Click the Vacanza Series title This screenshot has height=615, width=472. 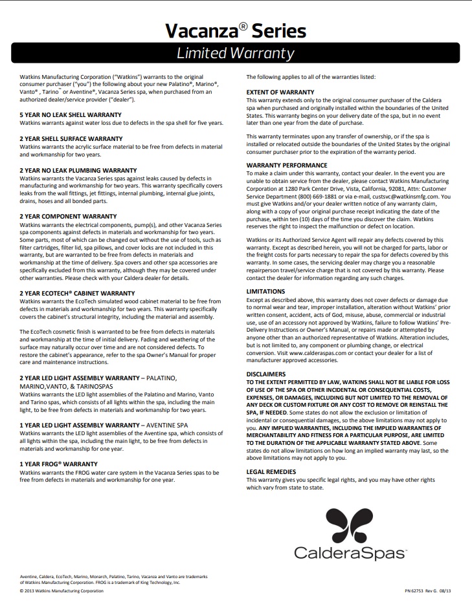click(236, 30)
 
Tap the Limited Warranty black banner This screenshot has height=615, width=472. click(236, 53)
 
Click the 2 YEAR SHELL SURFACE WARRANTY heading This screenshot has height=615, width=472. click(71, 138)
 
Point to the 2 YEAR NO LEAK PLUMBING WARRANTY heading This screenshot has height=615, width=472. click(78, 169)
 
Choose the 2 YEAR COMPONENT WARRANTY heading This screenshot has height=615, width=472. click(68, 216)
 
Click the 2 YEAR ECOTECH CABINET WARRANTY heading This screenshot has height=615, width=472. click(78, 293)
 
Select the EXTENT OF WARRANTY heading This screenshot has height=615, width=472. click(280, 92)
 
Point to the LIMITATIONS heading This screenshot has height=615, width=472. click(266, 292)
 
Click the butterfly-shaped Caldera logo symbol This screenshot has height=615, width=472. click(350, 526)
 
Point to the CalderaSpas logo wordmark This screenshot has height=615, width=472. click(350, 553)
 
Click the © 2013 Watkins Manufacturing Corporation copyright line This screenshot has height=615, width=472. click(62, 590)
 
